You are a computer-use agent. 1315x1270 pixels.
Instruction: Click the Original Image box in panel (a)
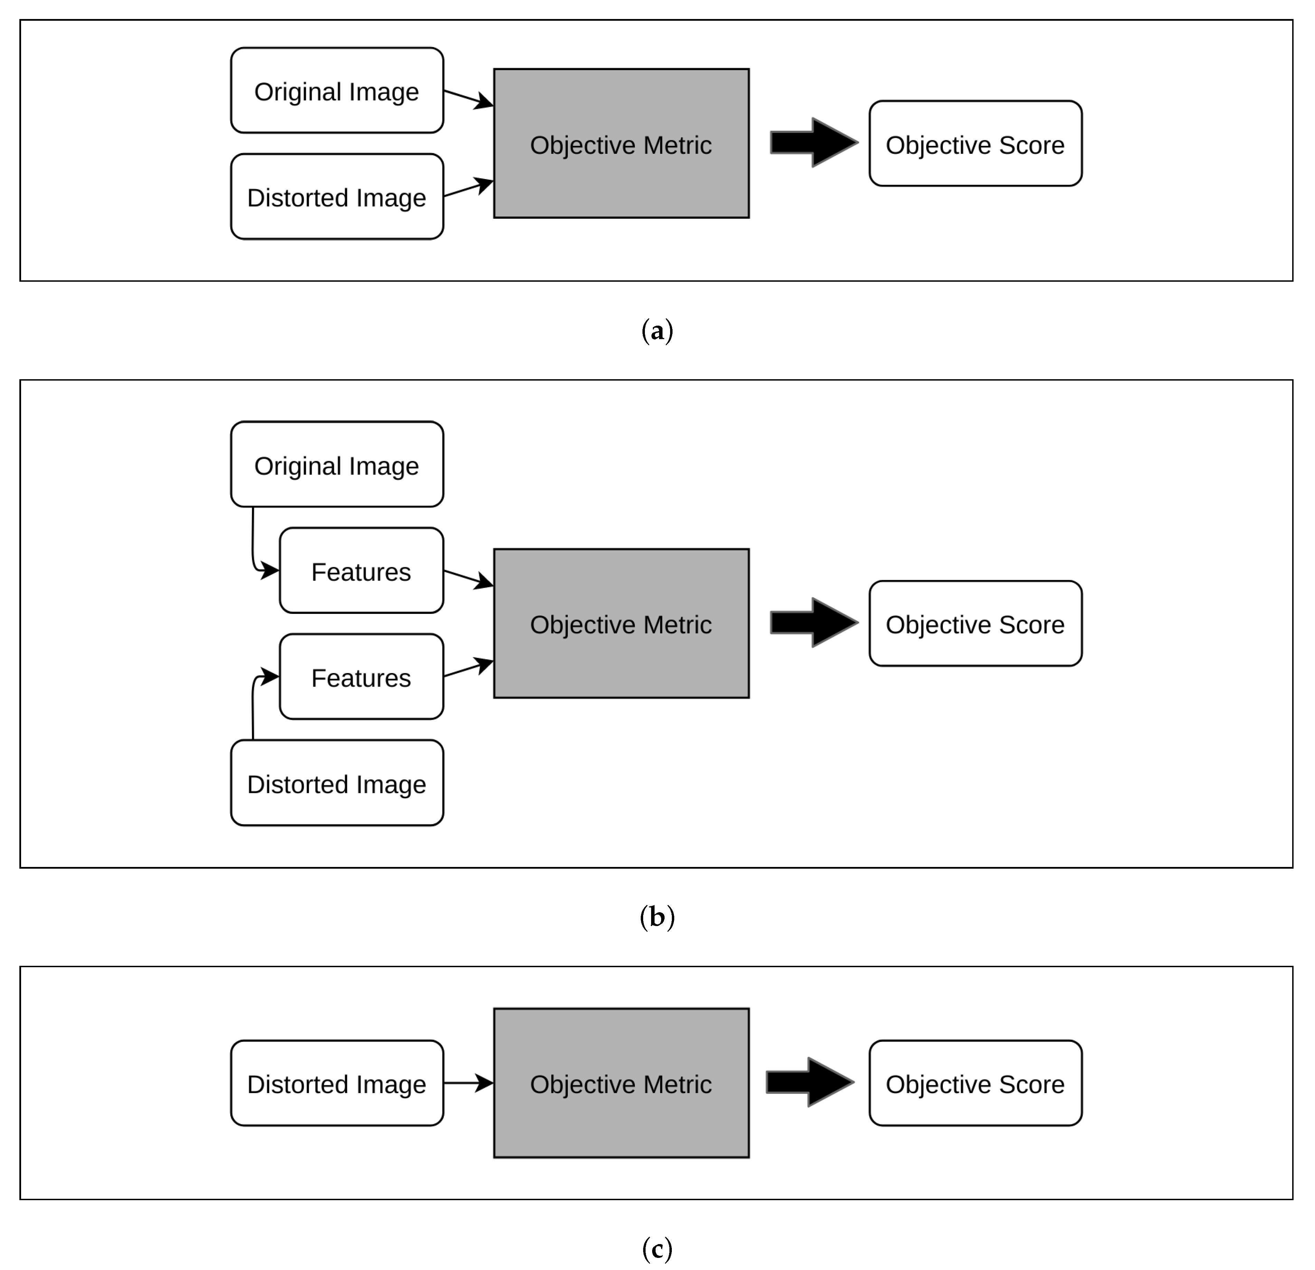(x=337, y=91)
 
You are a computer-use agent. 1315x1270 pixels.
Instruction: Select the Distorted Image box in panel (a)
(x=337, y=197)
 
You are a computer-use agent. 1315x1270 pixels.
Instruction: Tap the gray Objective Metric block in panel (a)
(x=621, y=143)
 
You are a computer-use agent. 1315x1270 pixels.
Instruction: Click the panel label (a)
(x=657, y=331)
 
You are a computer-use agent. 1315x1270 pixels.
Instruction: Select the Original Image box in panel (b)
(x=337, y=464)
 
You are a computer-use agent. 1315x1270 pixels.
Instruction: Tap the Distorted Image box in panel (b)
(x=337, y=783)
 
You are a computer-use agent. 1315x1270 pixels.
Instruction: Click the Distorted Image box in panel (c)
(x=337, y=1083)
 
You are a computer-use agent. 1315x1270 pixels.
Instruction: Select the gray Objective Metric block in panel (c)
(x=621, y=1083)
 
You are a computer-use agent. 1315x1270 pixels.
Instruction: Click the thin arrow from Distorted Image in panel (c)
(x=468, y=1083)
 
